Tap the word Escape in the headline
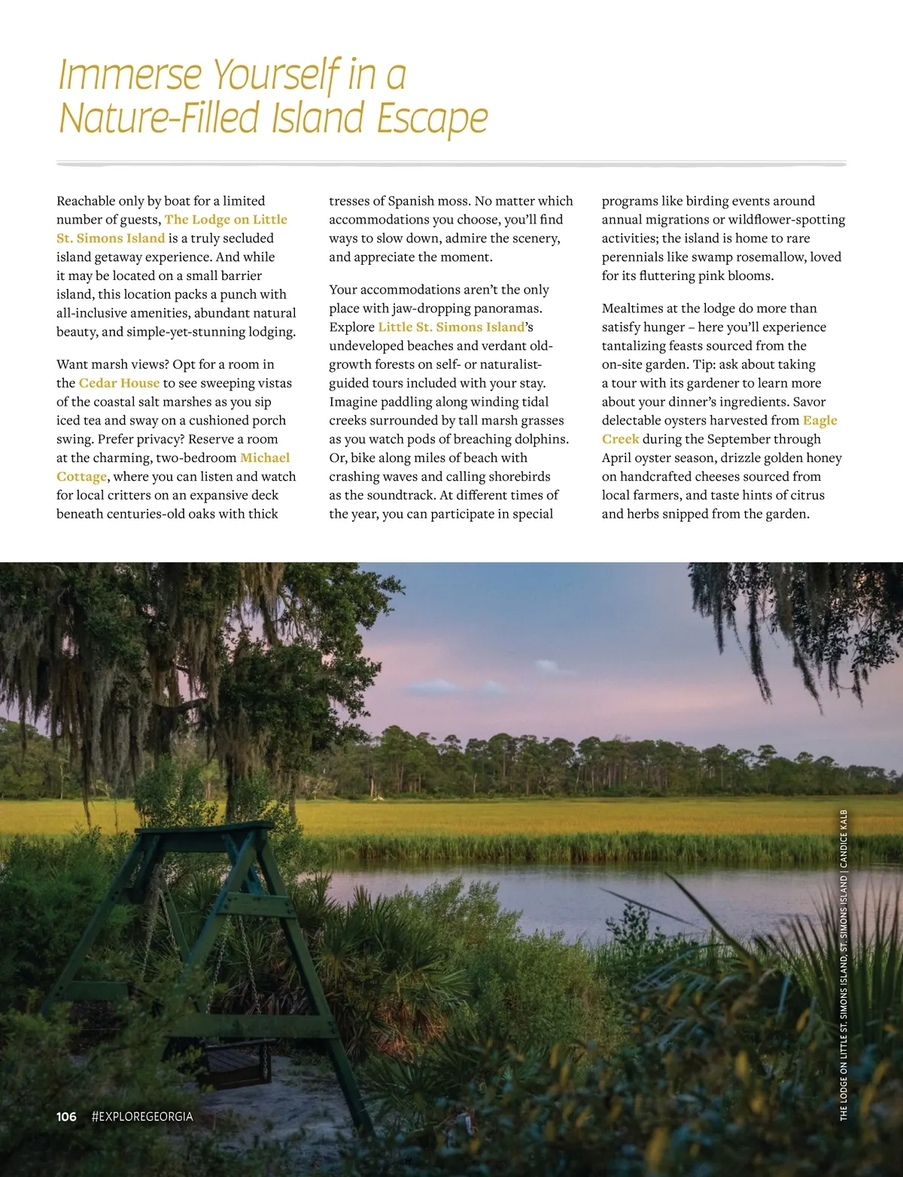coord(432,118)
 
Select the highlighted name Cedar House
coord(119,383)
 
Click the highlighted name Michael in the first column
coord(265,458)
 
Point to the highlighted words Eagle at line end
coord(819,421)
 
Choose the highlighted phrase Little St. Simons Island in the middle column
coord(451,327)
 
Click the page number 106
coord(66,1117)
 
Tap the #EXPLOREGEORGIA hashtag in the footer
coord(141,1117)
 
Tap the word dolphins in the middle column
coord(543,439)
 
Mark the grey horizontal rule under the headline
coord(451,163)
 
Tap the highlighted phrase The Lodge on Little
coord(226,220)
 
